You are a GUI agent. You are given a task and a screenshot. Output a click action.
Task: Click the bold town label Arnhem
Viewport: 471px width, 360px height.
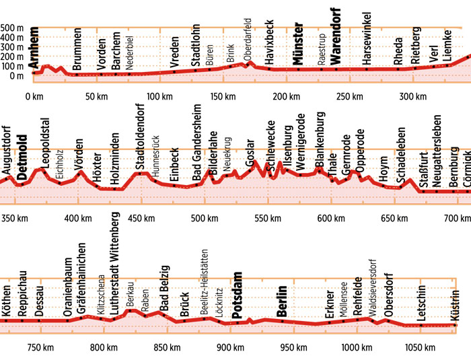pyautogui.click(x=34, y=46)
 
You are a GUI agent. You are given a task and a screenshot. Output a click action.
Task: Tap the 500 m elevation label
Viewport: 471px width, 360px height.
pyautogui.click(x=12, y=28)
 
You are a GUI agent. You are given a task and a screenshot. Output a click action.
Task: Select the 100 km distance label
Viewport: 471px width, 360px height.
pyautogui.click(x=159, y=96)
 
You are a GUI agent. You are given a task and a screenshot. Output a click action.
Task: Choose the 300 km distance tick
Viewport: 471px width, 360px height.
pyautogui.click(x=408, y=96)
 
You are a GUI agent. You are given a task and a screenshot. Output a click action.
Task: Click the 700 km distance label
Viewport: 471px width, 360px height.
pyautogui.click(x=458, y=218)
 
